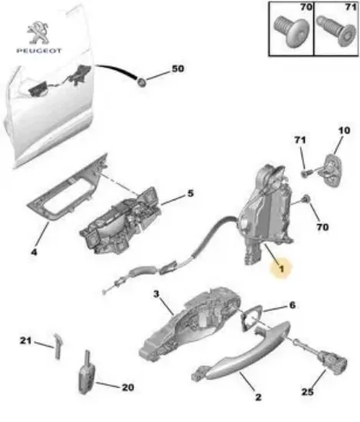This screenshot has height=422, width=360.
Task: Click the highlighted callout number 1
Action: pos(281,269)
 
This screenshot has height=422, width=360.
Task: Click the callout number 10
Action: pos(342,132)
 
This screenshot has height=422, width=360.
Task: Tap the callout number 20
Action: pos(127,387)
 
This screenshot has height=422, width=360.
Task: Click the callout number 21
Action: pos(25,341)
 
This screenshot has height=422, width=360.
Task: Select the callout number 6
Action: pos(291,305)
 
